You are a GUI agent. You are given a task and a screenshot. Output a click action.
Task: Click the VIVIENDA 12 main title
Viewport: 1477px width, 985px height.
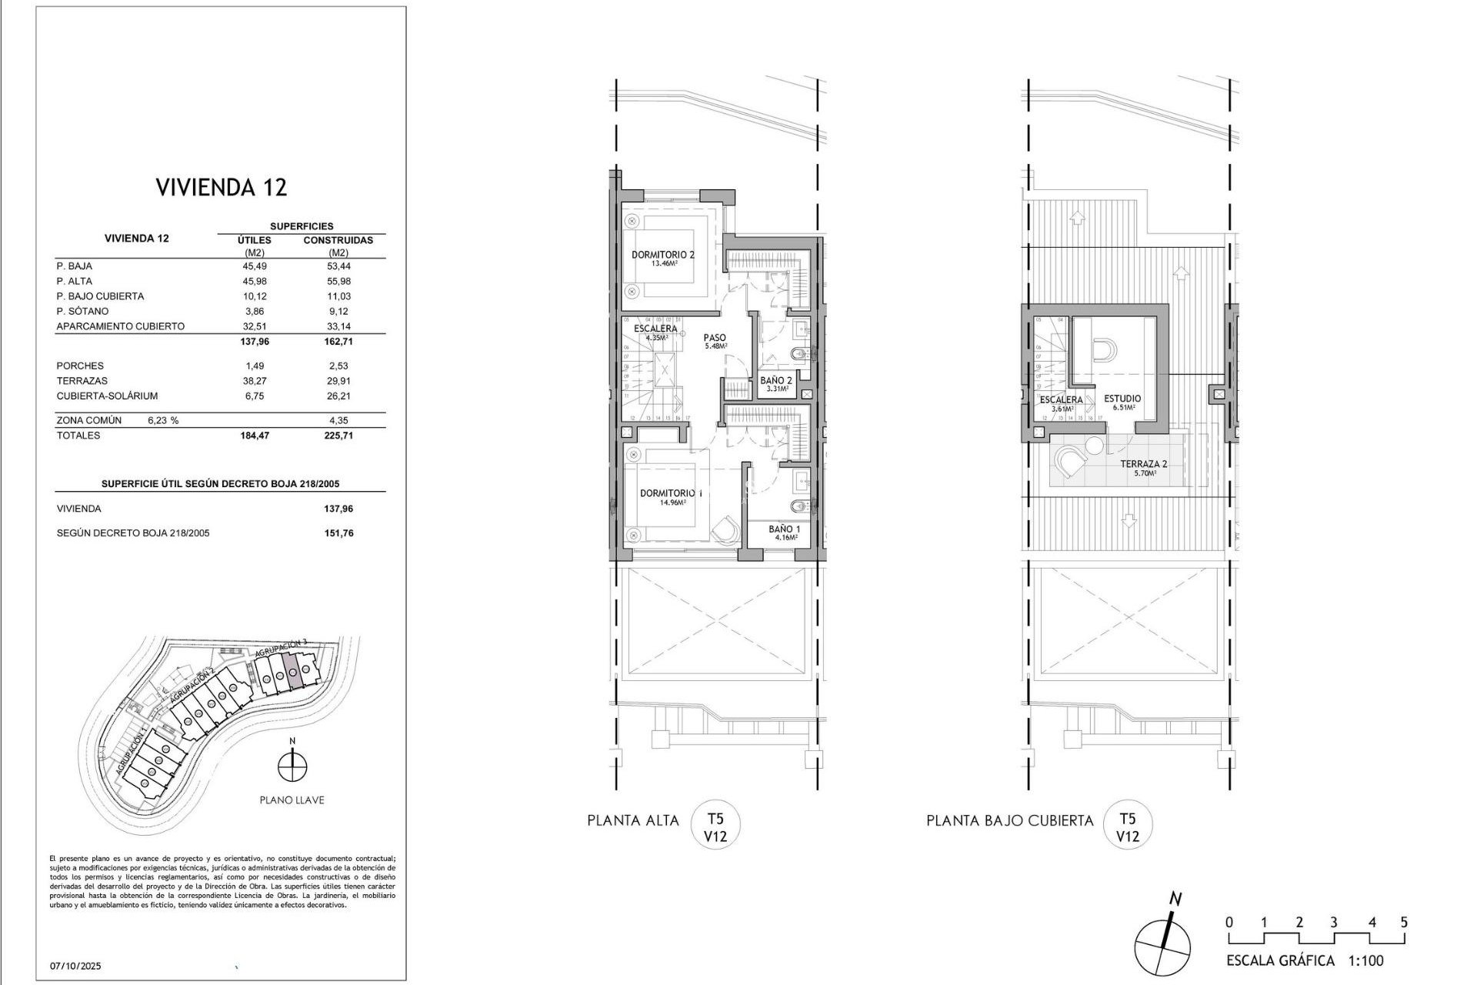[222, 187]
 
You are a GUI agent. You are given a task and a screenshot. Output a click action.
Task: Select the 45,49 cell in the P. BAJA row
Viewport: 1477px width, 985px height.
[254, 266]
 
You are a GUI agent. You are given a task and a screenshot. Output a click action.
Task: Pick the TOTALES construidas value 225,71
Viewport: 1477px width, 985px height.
[338, 436]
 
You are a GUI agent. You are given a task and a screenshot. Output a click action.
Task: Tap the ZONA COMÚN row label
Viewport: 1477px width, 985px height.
[89, 421]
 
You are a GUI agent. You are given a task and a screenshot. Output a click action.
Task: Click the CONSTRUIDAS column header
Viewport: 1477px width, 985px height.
[338, 240]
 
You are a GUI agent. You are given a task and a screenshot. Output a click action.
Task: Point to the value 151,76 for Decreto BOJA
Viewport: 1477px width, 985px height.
[338, 533]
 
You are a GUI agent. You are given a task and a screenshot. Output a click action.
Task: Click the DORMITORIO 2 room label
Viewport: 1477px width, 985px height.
[663, 255]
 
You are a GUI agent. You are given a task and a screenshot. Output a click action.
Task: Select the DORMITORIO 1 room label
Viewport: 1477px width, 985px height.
[671, 493]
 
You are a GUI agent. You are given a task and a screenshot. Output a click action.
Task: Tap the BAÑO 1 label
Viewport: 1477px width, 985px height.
[784, 529]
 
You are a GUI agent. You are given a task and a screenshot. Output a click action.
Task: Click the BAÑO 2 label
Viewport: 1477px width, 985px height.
[775, 380]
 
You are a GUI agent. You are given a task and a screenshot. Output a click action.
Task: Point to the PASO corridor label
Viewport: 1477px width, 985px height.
[715, 338]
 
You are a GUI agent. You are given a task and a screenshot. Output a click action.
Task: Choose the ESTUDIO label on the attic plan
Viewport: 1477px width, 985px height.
[1122, 399]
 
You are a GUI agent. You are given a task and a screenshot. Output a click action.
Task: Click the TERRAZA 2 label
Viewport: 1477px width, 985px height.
[1143, 464]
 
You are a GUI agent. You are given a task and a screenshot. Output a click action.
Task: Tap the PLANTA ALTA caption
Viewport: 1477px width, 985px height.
[633, 820]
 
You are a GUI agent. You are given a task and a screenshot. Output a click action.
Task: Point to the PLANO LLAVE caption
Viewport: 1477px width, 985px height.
[292, 800]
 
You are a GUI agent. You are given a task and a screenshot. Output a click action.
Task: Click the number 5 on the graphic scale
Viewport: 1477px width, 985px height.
[1404, 923]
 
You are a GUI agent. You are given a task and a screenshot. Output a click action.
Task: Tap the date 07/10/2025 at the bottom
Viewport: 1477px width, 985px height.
[75, 966]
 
